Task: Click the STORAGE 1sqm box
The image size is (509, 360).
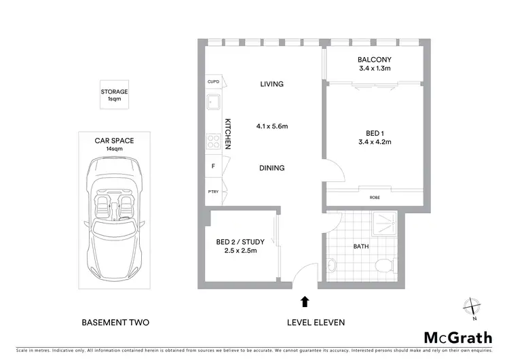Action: (x=114, y=95)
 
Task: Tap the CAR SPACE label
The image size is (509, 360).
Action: (x=114, y=141)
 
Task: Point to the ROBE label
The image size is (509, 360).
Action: (x=375, y=198)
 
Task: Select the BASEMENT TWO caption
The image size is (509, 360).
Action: (x=115, y=323)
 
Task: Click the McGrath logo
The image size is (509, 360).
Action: (x=459, y=338)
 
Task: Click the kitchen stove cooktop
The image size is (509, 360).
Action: (x=212, y=142)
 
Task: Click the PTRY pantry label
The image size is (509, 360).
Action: (x=212, y=192)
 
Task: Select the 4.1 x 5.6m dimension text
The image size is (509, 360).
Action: (x=272, y=126)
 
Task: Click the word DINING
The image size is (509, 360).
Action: (x=271, y=168)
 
